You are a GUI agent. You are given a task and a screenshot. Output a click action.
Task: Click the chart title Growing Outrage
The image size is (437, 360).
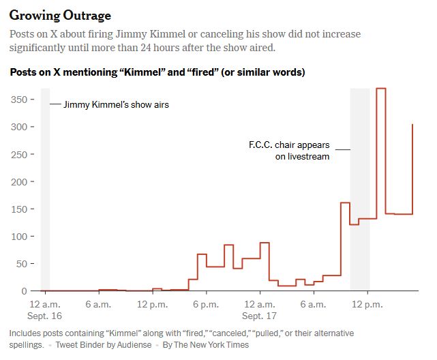click(61, 15)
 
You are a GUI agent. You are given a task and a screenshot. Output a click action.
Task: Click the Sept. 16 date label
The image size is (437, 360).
click(45, 316)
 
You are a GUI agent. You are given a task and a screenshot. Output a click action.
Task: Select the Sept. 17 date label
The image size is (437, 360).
click(260, 316)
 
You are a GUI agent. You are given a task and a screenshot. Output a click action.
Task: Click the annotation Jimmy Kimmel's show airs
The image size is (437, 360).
click(116, 105)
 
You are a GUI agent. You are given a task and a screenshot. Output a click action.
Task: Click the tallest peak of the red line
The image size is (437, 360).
click(381, 89)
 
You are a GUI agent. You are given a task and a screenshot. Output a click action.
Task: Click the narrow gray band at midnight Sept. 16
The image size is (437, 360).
click(45, 191)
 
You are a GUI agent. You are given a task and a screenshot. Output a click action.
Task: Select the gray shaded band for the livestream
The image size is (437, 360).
click(360, 191)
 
